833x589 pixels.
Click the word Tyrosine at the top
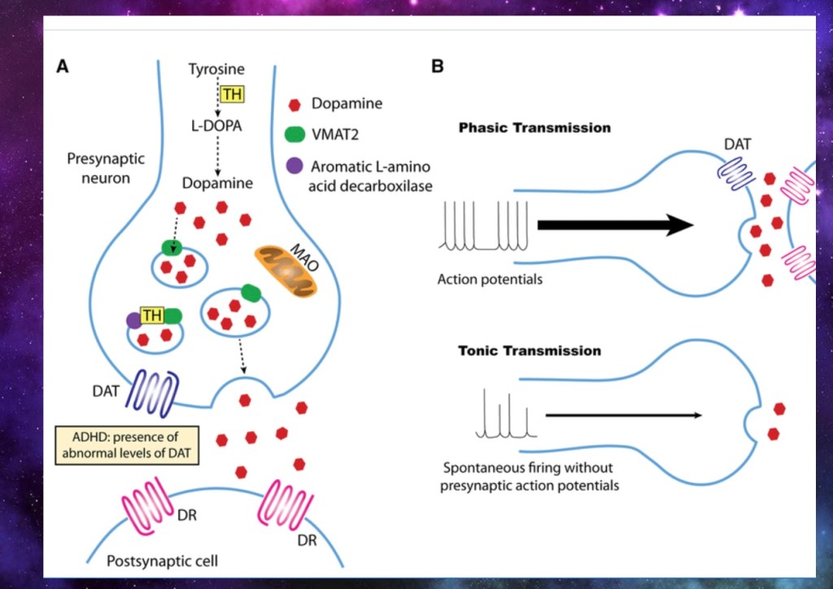[x=216, y=69]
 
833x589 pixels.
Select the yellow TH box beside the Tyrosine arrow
[x=232, y=94]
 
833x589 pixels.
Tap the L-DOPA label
[x=216, y=128]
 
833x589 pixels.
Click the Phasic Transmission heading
[x=534, y=128]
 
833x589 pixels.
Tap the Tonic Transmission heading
[x=530, y=351]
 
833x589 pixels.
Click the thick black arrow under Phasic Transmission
[x=615, y=225]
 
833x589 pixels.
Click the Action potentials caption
[x=490, y=279]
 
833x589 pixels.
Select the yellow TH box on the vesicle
[x=151, y=316]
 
